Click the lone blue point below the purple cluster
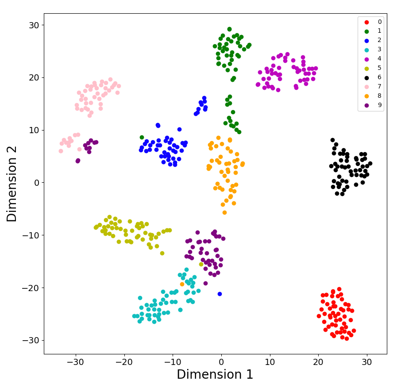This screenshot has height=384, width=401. pos(220,294)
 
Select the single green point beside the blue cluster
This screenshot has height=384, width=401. pos(142,137)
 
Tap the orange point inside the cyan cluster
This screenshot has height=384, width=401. pos(182,284)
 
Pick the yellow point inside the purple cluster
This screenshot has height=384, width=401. pos(201,264)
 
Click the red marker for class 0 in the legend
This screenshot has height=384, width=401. pos(366,22)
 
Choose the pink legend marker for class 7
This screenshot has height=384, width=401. pos(366,87)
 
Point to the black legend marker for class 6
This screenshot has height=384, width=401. pos(366,77)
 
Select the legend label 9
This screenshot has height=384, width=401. pos(379,105)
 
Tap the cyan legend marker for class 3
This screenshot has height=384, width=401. pos(366,50)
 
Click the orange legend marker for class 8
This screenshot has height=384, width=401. pos(366,96)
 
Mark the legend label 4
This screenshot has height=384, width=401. pos(379,59)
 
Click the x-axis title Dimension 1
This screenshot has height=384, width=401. pos(215,374)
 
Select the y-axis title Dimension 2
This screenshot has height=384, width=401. pos(12,183)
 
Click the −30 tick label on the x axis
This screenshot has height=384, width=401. pos(75,361)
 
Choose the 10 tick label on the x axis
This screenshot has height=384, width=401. pos(270,361)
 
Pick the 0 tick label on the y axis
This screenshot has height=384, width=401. pos(36,183)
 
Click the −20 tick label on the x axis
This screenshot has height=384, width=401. pos(124,361)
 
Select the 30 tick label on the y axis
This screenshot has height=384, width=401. pos(33,25)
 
